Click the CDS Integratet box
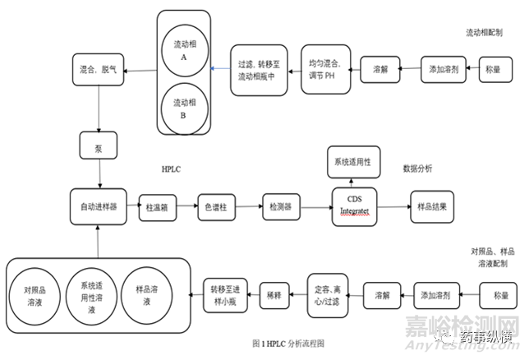(355, 205)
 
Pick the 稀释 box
(274, 292)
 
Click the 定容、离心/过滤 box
(331, 293)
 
